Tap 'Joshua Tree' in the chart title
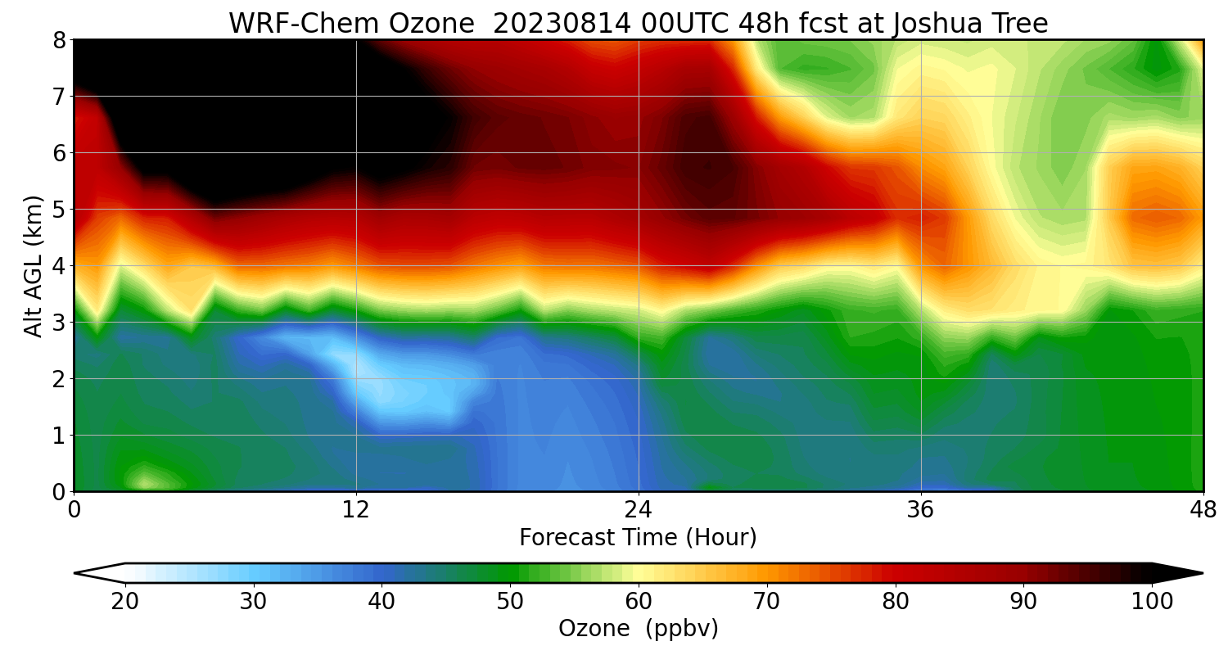click(x=971, y=24)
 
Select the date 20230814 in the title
click(x=561, y=24)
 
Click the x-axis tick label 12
click(x=356, y=510)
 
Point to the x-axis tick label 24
click(x=639, y=510)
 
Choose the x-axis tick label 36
click(x=921, y=510)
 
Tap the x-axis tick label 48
click(x=1203, y=510)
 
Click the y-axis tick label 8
click(x=60, y=40)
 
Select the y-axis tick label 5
click(x=60, y=210)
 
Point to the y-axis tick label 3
click(x=60, y=323)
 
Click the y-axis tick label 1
click(x=60, y=436)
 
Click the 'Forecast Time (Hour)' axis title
click(x=639, y=538)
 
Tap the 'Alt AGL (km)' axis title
click(x=34, y=265)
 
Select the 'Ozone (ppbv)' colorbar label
click(x=639, y=629)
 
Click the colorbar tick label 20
click(x=125, y=602)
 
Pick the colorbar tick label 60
click(x=639, y=602)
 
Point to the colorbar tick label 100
click(x=1152, y=602)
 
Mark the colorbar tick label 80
click(x=896, y=602)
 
